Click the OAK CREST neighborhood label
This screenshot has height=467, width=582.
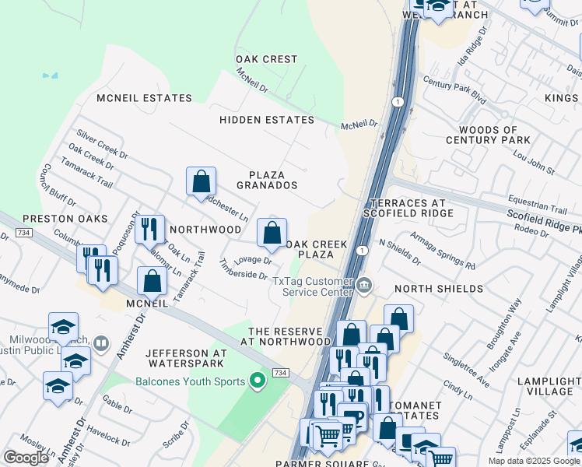[x=267, y=59]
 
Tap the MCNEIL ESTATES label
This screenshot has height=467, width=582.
[x=144, y=98]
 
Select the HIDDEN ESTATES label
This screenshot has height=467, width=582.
[x=267, y=120]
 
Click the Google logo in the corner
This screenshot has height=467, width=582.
[x=26, y=458]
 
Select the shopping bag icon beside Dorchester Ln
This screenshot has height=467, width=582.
[x=201, y=182]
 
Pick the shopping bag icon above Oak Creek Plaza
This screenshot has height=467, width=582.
[x=272, y=233]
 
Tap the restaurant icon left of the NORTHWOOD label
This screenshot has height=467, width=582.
[x=149, y=230]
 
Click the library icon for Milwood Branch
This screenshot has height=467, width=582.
[x=100, y=343]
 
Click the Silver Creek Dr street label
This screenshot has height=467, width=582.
[x=96, y=139]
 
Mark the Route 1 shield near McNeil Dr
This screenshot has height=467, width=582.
[x=398, y=102]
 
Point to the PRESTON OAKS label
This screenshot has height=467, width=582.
[x=54, y=219]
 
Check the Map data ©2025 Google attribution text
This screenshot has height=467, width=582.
[x=534, y=461]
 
